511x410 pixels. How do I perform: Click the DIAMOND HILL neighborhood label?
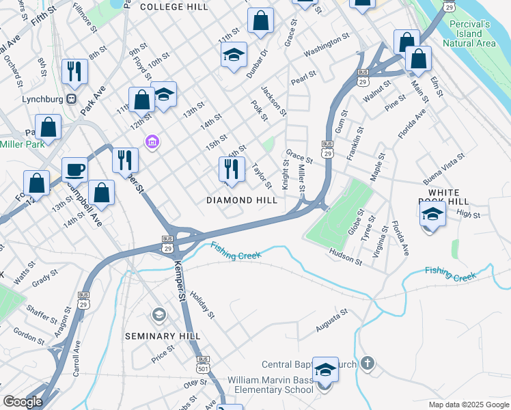point(243,200)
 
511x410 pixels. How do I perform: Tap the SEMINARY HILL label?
point(163,336)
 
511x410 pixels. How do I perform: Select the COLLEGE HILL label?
point(174,6)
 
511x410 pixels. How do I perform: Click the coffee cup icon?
point(74,169)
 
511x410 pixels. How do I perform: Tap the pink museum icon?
point(152,142)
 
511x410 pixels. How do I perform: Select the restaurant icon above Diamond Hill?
point(232,168)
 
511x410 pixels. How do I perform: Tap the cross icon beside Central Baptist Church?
point(368,364)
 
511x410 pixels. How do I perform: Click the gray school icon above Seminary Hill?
point(158,314)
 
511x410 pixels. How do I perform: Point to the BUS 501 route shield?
point(202,363)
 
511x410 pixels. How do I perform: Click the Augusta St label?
point(332,320)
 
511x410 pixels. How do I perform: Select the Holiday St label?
point(203,305)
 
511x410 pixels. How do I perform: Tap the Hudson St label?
point(345,256)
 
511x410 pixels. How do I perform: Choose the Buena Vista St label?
point(443,169)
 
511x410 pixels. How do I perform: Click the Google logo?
point(23,402)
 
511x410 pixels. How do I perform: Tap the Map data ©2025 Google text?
point(467,404)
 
